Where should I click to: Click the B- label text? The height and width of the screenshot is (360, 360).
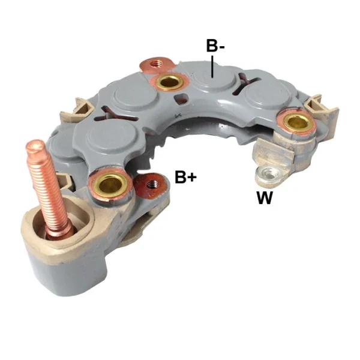click(x=215, y=46)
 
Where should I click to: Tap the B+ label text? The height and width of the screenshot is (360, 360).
click(x=185, y=178)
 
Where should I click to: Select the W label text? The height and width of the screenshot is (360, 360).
click(x=265, y=199)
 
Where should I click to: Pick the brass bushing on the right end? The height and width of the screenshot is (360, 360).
click(x=295, y=123)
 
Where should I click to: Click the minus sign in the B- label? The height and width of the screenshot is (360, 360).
click(x=221, y=46)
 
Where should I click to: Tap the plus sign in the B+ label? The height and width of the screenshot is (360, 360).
click(x=192, y=178)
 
